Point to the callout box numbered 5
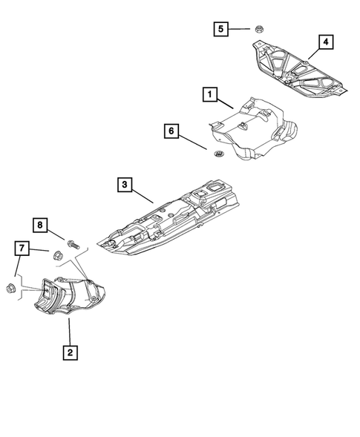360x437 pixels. point(220,29)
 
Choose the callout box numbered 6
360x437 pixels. point(171,132)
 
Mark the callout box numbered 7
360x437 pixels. point(22,248)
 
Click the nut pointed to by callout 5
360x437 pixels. point(259,30)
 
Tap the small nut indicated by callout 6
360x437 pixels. point(218,154)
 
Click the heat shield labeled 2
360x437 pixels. point(74,297)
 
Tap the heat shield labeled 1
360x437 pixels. point(252,130)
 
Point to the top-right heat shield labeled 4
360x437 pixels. point(297,70)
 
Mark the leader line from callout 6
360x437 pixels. point(194,142)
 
